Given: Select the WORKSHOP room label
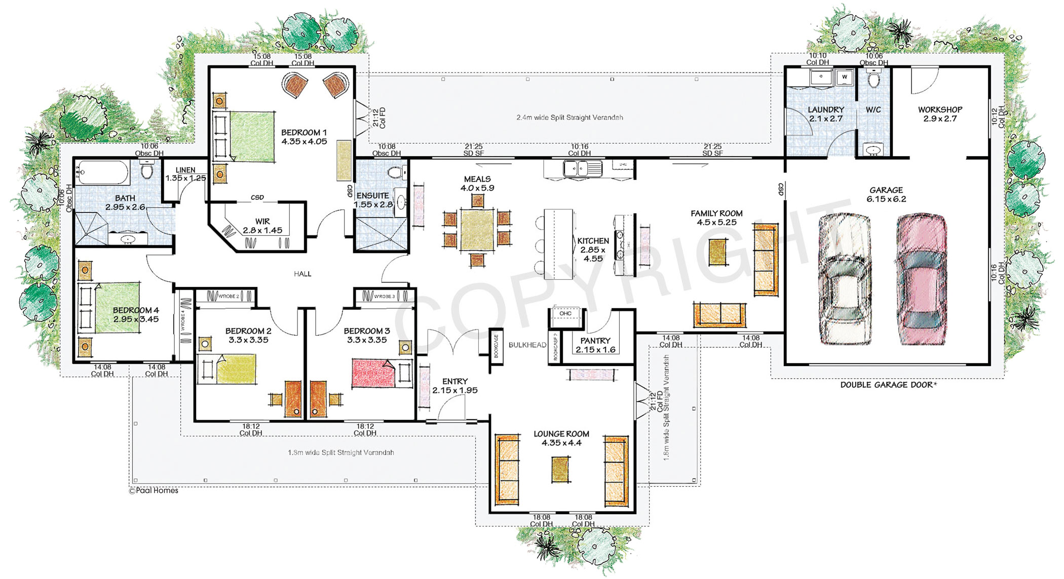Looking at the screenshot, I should click(940, 110).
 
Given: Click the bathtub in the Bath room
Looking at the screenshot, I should click(102, 172).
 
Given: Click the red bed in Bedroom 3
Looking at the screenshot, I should click(373, 374).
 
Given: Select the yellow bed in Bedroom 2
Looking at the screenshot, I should click(236, 369).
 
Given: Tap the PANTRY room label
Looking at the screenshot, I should click(595, 341).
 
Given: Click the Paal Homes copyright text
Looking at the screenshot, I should click(154, 490).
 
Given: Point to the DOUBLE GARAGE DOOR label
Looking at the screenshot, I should click(888, 385).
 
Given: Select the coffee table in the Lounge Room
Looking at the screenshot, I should click(560, 469).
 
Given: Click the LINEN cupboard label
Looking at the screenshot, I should click(185, 170).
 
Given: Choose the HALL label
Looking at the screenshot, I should click(302, 274).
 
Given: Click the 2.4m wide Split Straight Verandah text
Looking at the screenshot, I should click(569, 118).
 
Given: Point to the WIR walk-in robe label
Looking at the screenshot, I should click(262, 222).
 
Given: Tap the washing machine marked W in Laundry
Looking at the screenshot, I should click(844, 78).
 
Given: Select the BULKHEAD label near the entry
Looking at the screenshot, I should click(527, 345).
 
